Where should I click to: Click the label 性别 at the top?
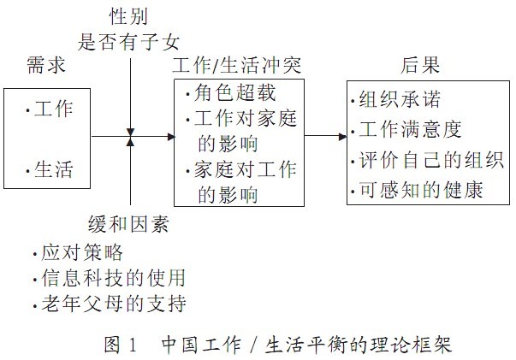pyautogui.click(x=128, y=16)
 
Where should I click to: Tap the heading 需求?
pyautogui.click(x=44, y=66)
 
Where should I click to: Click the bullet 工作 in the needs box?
pyautogui.click(x=53, y=109)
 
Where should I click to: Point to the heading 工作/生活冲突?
pyautogui.click(x=236, y=64)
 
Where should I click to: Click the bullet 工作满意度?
pyautogui.click(x=411, y=131)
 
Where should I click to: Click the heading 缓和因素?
pyautogui.click(x=128, y=225)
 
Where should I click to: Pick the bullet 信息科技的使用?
pyautogui.click(x=113, y=279)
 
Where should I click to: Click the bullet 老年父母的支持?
pyautogui.click(x=113, y=304)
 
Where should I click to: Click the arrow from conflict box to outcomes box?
pyautogui.click(x=325, y=136)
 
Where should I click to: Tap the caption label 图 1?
pyautogui.click(x=121, y=345)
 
